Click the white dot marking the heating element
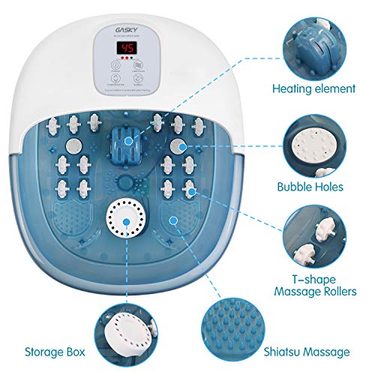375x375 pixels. pyautogui.click(x=128, y=140)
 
